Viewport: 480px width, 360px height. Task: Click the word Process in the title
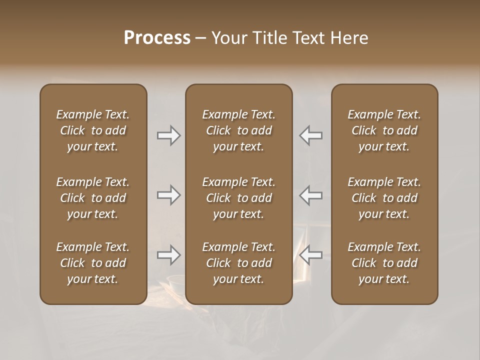157,38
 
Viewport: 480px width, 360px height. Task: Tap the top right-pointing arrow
169,135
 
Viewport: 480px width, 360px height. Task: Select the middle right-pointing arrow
169,195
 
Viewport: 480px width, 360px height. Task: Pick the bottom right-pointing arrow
169,255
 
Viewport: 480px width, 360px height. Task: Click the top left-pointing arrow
311,135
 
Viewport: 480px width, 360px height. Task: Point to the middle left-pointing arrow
311,195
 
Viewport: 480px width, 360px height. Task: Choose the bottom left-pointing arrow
311,255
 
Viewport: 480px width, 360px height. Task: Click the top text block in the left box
93,130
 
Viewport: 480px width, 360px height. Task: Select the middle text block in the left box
93,198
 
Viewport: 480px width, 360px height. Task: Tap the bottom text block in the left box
93,263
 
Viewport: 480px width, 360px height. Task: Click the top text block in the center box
239,130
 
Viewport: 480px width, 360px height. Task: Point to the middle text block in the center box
239,198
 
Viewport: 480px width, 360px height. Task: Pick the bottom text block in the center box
239,263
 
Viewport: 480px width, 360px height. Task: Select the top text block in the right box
384,130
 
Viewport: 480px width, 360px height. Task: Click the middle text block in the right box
384,198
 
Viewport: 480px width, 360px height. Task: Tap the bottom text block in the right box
384,263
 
